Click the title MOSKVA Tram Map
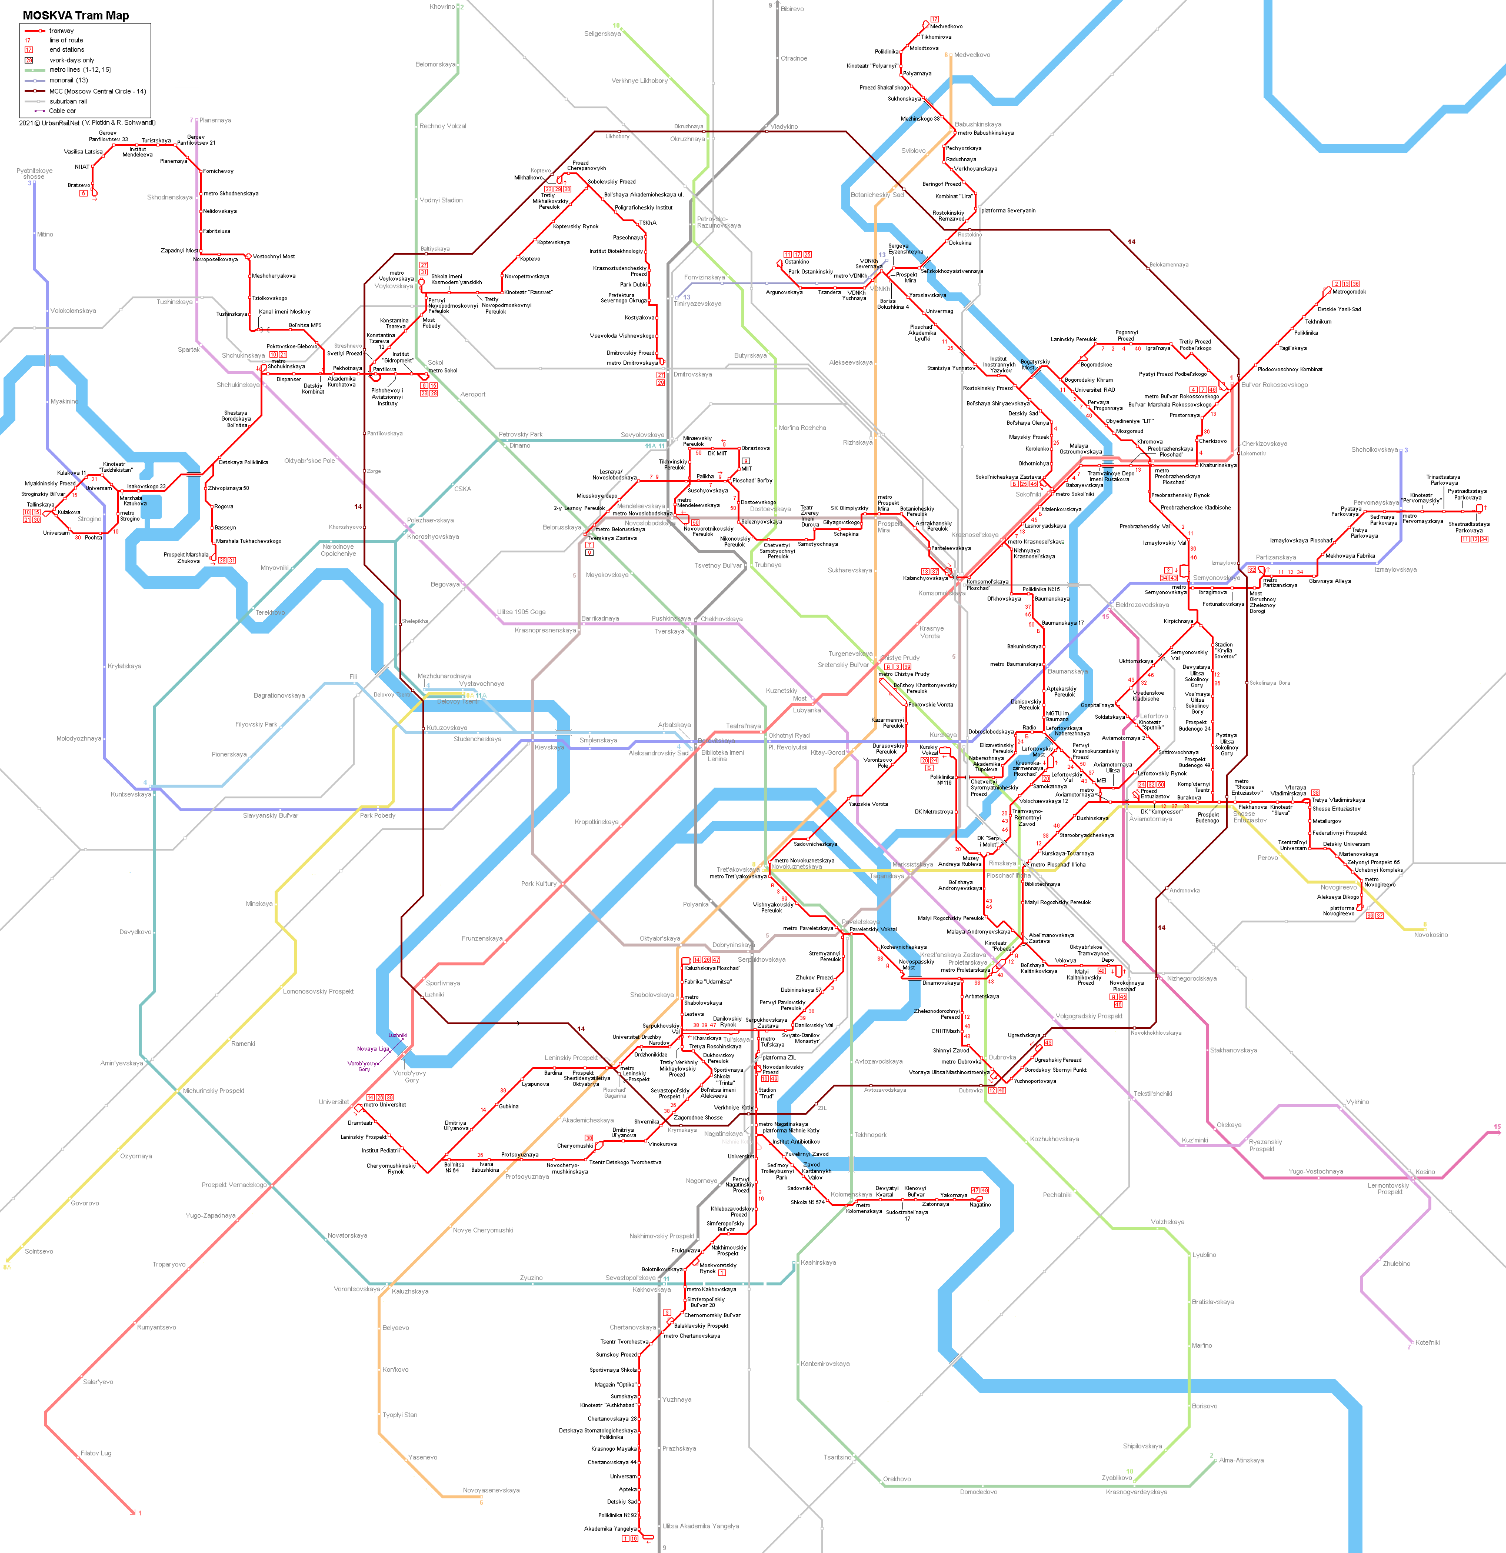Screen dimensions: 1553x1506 click(x=75, y=15)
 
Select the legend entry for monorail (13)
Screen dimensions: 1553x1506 click(x=68, y=80)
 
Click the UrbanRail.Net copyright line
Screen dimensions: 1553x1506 click(x=87, y=123)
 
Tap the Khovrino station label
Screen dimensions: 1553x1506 click(x=442, y=7)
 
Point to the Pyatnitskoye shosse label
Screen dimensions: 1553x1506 click(x=34, y=174)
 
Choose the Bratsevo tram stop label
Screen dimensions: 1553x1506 click(x=78, y=185)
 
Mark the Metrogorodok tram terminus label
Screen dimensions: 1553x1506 click(x=1348, y=292)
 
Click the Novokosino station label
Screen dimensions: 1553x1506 click(x=1431, y=935)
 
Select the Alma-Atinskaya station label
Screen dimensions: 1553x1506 click(x=1241, y=1460)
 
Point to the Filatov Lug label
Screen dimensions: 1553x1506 click(x=96, y=1453)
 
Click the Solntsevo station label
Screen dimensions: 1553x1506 click(x=39, y=1251)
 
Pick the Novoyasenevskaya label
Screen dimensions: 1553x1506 click(x=491, y=1491)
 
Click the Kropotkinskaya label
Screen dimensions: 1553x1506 click(x=596, y=822)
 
